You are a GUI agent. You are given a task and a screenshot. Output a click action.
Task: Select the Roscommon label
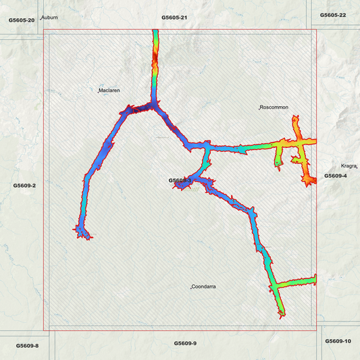(x=274, y=107)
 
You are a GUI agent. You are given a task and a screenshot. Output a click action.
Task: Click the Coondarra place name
(x=204, y=287)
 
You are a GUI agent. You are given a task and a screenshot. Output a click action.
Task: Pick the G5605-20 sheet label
(x=22, y=20)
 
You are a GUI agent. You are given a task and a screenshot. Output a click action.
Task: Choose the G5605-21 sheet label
(x=174, y=17)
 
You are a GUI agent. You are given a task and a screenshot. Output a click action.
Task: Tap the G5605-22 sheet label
(x=333, y=15)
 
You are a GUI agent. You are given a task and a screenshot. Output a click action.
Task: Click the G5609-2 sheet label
(x=24, y=185)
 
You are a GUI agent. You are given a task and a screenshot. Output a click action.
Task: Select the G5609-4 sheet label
(x=335, y=176)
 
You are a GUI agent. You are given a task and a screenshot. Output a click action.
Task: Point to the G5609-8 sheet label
(x=27, y=345)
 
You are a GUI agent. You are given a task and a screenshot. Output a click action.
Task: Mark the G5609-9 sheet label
(x=184, y=344)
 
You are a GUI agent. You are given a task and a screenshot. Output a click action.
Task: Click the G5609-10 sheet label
(x=338, y=341)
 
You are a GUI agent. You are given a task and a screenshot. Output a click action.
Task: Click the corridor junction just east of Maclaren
(x=155, y=106)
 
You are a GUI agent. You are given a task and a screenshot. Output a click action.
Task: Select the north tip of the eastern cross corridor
(x=294, y=118)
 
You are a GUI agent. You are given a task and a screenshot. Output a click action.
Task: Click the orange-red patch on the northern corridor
(x=155, y=70)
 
